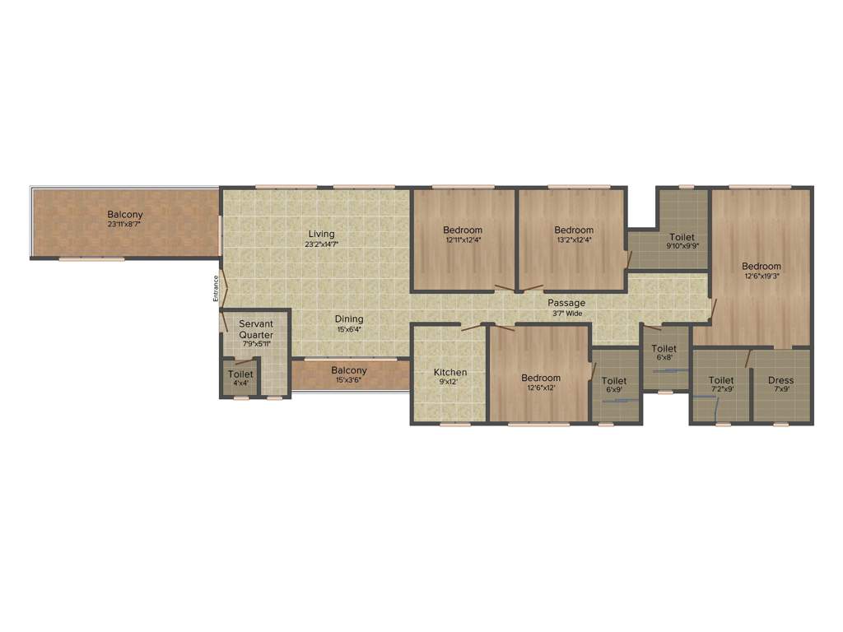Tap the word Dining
(x=349, y=319)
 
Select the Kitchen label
(x=450, y=373)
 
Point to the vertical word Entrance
(x=217, y=288)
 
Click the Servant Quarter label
(x=256, y=330)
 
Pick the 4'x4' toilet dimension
(x=240, y=383)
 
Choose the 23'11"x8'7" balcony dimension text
(x=124, y=224)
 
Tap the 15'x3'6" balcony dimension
(x=349, y=381)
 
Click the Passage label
(x=567, y=304)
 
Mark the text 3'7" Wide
(x=567, y=314)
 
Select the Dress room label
(x=780, y=380)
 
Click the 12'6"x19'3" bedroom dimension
(x=761, y=276)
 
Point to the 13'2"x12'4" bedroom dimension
(x=574, y=240)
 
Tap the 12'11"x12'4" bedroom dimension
(x=463, y=240)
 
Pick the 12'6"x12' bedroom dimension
(x=541, y=388)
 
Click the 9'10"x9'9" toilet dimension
(x=682, y=246)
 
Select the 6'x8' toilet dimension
(x=664, y=358)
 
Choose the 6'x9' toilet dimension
(x=614, y=390)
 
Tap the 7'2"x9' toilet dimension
(x=721, y=389)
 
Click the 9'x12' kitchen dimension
(x=450, y=382)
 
